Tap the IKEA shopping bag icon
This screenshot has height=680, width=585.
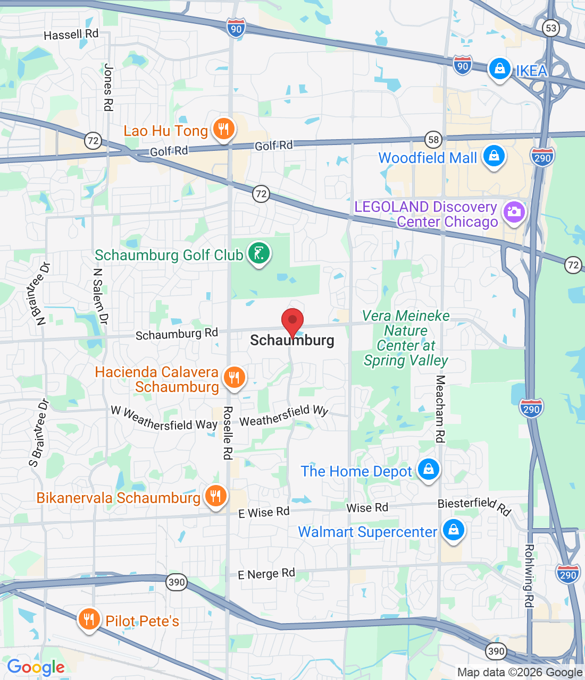[499, 69]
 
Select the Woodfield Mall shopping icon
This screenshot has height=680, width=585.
[494, 156]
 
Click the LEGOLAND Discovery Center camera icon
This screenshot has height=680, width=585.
[514, 212]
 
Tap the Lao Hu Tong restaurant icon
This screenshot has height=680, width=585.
[223, 129]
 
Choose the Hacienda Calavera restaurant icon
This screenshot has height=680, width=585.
[233, 377]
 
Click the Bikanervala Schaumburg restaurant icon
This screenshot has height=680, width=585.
[215, 496]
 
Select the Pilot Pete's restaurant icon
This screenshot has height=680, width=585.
[89, 619]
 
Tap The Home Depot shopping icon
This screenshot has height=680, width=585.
[428, 469]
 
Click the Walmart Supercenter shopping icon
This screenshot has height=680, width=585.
[453, 530]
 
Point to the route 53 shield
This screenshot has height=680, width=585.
[551, 28]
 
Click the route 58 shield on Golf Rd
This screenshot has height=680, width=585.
[434, 140]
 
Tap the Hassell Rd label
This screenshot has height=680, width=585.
[71, 35]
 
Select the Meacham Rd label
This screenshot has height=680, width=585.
[440, 409]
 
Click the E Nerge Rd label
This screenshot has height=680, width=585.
[266, 574]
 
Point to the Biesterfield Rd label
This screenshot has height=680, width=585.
[474, 506]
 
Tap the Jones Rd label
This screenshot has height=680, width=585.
[108, 87]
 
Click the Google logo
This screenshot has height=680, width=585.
[36, 667]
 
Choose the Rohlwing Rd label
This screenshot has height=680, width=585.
[529, 575]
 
